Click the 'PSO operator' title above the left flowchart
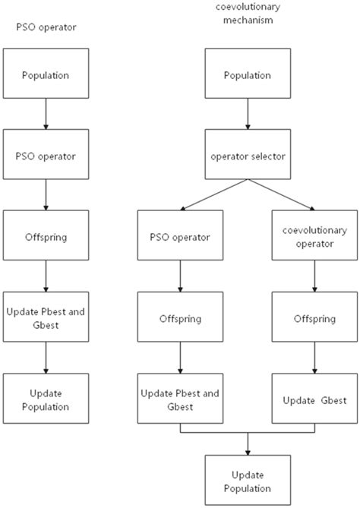(46, 27)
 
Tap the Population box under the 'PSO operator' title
(46, 76)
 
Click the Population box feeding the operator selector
(248, 76)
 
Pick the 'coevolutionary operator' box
(314, 237)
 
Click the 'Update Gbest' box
(314, 399)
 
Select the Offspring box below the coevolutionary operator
(314, 318)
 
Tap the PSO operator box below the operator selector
(181, 237)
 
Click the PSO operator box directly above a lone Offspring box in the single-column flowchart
(46, 156)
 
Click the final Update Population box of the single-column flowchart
(46, 399)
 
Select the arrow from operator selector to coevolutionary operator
(282, 195)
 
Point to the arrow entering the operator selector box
(248, 115)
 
